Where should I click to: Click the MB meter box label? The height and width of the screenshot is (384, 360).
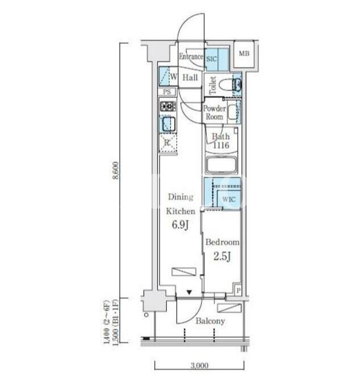244,54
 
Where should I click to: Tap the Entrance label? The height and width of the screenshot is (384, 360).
191,56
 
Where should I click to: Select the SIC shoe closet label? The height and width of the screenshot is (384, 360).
211,59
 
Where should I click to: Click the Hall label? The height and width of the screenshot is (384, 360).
190,78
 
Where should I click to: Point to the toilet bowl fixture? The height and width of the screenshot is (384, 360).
226,85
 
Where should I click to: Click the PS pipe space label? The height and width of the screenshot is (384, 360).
167,92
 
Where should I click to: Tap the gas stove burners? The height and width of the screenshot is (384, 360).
168,107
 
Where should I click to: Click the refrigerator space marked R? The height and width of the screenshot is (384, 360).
168,143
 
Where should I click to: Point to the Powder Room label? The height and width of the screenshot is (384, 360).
214,112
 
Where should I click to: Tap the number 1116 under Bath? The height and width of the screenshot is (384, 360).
221,145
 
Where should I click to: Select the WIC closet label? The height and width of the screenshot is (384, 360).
228,199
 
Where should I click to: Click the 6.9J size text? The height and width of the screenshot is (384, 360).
181,225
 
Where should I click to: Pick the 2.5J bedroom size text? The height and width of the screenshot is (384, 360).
222,256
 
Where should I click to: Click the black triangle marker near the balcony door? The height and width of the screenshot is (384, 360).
189,292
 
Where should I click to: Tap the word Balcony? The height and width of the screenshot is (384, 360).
210,321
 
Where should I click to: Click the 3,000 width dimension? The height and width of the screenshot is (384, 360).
199,366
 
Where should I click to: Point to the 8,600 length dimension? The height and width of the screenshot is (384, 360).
116,170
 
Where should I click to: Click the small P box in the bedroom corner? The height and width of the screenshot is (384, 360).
238,291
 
